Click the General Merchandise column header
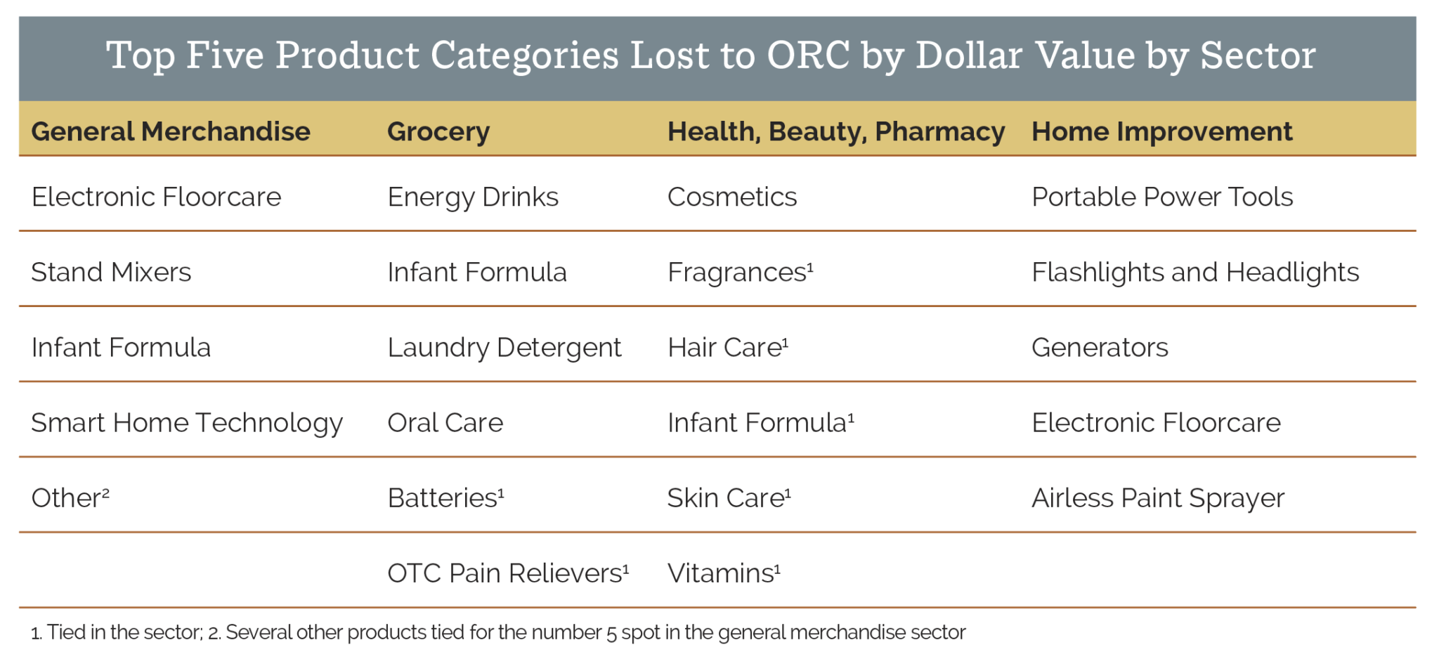point(171,131)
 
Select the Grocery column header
point(438,131)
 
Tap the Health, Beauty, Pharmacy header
point(835,131)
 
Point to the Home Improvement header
point(1161,131)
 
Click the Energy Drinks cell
point(473,197)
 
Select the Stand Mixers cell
point(111,273)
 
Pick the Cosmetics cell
point(731,197)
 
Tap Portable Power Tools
point(1161,197)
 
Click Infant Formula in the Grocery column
point(476,273)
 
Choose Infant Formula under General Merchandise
point(121,348)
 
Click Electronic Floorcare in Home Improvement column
point(1156,423)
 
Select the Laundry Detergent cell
point(504,348)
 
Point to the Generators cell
point(1100,348)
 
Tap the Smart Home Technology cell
point(187,423)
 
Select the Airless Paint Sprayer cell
point(1157,498)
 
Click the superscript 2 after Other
point(105,493)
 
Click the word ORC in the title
point(808,55)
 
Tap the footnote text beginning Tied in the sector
point(124,632)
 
